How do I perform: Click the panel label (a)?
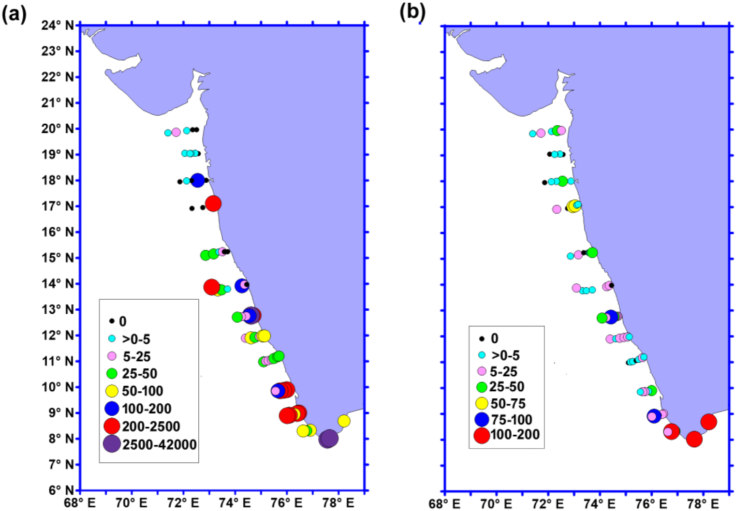point(14,14)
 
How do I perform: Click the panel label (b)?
point(412,13)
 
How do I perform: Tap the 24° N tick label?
point(58,26)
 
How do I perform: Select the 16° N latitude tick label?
point(58,232)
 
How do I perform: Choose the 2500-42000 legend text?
point(159,445)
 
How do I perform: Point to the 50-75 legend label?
point(508,404)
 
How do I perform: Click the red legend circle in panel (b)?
point(482,435)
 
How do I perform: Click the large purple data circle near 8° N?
point(329,438)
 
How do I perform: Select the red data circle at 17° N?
point(213,203)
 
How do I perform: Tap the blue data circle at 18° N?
point(197,180)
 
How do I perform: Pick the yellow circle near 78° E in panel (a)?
point(344,421)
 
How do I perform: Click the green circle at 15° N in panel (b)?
point(592,252)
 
